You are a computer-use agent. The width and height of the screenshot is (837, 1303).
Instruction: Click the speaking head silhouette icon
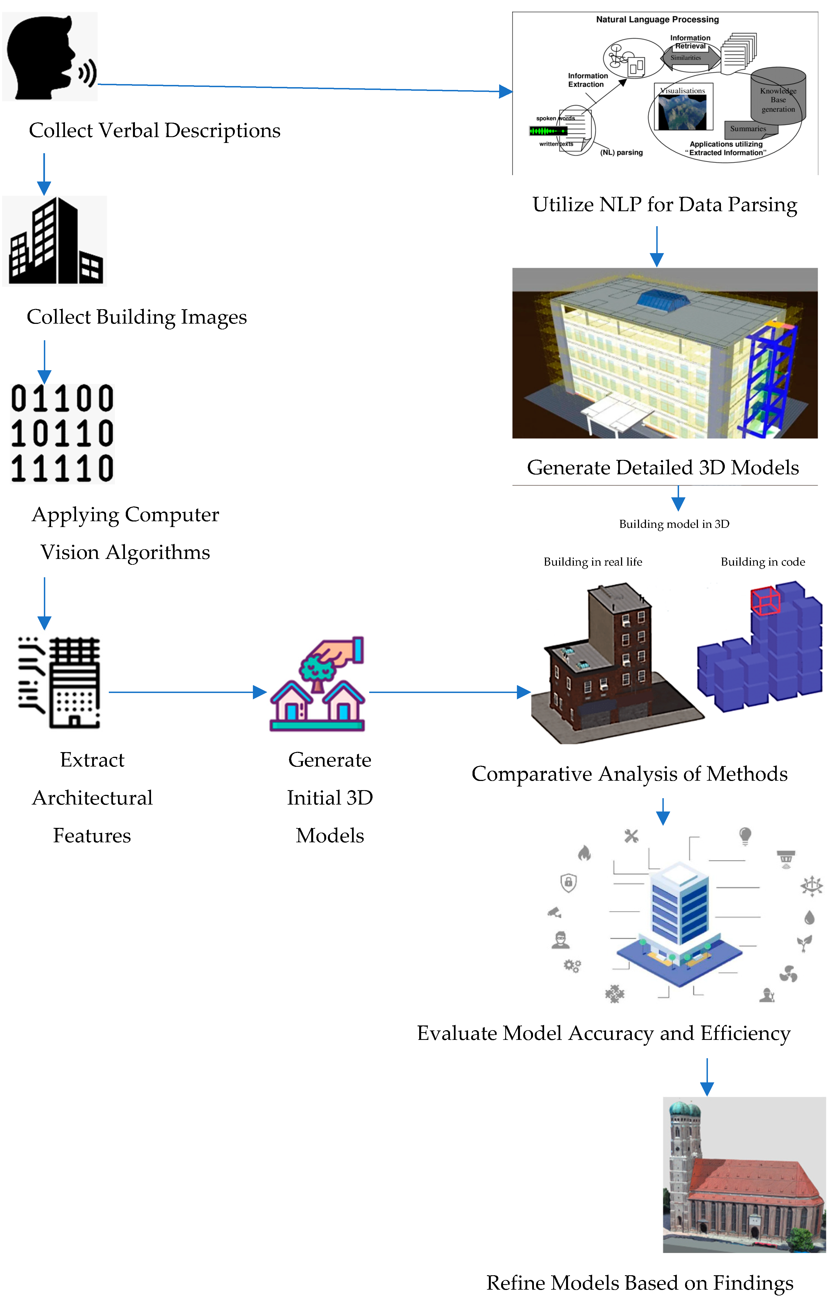pyautogui.click(x=49, y=57)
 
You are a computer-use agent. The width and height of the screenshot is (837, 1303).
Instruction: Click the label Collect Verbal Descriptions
pyautogui.click(x=154, y=130)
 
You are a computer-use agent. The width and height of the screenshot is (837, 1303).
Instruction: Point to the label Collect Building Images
pyautogui.click(x=137, y=317)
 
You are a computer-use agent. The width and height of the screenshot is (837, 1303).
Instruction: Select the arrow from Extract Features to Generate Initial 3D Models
pyautogui.click(x=187, y=692)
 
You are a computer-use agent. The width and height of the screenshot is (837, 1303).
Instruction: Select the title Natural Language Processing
pyautogui.click(x=657, y=19)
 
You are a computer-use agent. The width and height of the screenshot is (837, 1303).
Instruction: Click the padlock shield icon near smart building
pyautogui.click(x=568, y=883)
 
